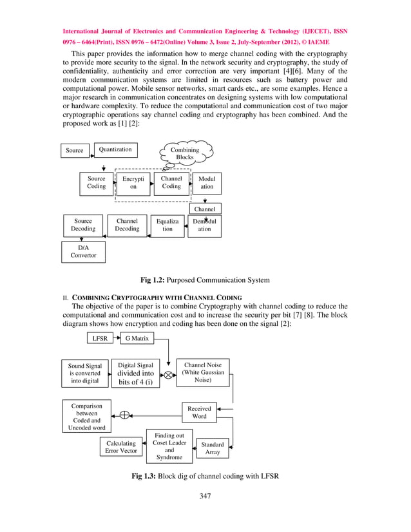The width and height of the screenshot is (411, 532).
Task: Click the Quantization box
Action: pyautogui.click(x=115, y=149)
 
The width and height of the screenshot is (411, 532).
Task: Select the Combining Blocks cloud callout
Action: pyautogui.click(x=184, y=153)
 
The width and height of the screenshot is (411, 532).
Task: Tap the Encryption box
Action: pyautogui.click(x=133, y=183)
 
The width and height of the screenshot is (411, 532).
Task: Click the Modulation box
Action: pyautogui.click(x=207, y=183)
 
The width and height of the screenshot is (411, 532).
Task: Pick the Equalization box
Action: pyautogui.click(x=167, y=225)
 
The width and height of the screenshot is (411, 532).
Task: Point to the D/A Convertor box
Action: pyautogui.click(x=84, y=251)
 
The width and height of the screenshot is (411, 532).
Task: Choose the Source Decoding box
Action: pyautogui.click(x=83, y=225)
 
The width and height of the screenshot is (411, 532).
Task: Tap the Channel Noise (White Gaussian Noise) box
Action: pyautogui.click(x=202, y=373)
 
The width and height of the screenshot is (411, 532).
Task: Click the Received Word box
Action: pyautogui.click(x=199, y=412)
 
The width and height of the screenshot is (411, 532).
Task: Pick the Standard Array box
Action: pyautogui.click(x=213, y=448)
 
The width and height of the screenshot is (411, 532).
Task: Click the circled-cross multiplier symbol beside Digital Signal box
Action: pyautogui.click(x=167, y=375)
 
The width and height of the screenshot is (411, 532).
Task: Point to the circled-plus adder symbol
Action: pyautogui.click(x=126, y=415)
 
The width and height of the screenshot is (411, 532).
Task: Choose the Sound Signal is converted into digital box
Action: pyautogui.click(x=84, y=373)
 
